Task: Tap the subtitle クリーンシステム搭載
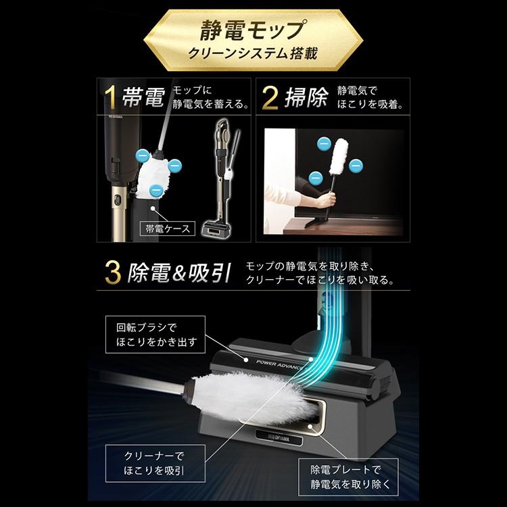coord(254,55)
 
